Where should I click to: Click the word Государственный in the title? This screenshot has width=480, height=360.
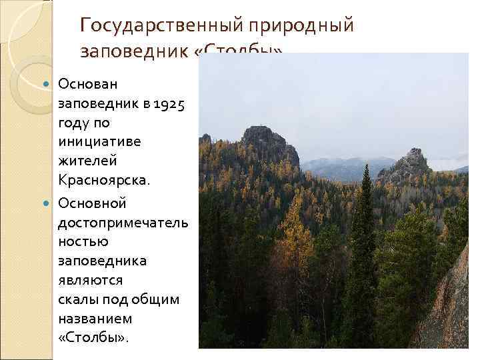click(x=163, y=25)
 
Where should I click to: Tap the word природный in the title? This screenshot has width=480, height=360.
click(x=301, y=25)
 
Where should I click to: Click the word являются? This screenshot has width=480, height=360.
click(x=88, y=280)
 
